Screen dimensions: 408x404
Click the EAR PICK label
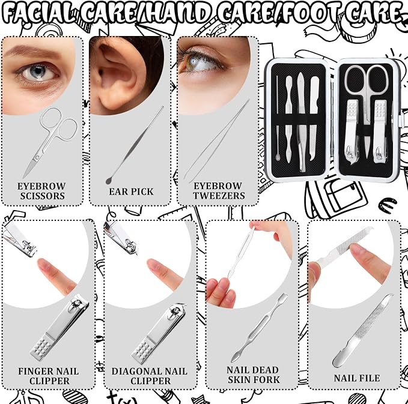(x=131, y=191)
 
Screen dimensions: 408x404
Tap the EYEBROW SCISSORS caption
(x=41, y=191)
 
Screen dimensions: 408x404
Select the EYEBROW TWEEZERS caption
(x=219, y=190)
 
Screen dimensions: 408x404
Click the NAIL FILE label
(x=357, y=378)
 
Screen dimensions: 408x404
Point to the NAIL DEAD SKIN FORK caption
(x=254, y=375)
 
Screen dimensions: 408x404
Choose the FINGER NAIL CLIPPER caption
(x=49, y=376)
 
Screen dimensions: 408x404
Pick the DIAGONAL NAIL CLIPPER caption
(x=150, y=376)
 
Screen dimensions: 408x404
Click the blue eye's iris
(x=38, y=71)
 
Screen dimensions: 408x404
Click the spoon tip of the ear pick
(x=109, y=180)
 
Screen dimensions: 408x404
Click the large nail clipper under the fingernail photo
(x=60, y=327)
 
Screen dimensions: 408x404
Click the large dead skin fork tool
(x=260, y=328)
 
